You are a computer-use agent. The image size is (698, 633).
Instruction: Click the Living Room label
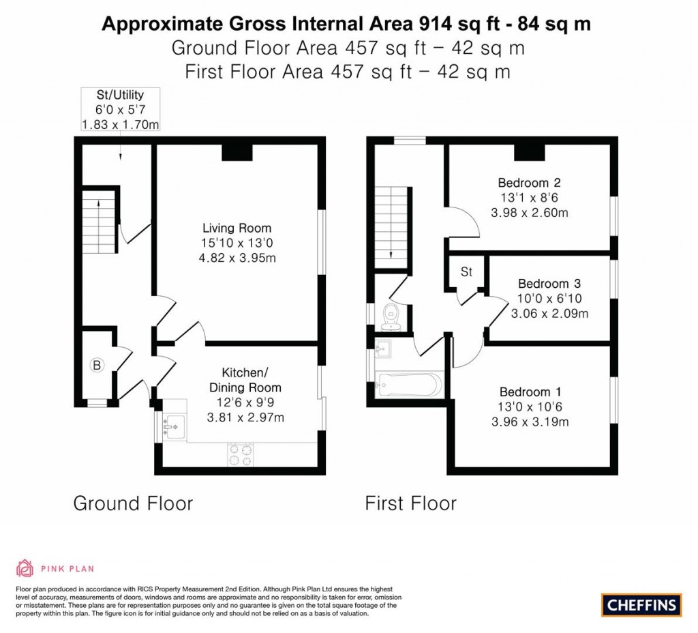click(237, 229)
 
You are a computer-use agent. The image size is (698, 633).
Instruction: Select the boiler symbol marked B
click(97, 366)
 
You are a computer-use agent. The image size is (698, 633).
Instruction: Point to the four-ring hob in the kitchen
click(240, 455)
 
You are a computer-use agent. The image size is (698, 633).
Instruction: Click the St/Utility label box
click(120, 110)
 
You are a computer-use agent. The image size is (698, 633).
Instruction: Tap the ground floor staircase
click(96, 223)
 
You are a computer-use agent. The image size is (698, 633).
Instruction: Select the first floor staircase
click(392, 227)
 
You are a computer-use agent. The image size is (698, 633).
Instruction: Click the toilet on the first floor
click(392, 316)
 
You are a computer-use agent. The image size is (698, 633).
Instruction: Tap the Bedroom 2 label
click(529, 183)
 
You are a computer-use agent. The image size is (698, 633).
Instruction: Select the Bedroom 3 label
click(549, 284)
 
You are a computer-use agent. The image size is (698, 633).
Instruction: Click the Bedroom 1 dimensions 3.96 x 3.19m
click(530, 422)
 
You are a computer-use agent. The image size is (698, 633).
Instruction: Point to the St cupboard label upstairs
click(466, 272)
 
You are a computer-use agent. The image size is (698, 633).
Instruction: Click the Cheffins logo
click(641, 604)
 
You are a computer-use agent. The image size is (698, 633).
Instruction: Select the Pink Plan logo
click(55, 568)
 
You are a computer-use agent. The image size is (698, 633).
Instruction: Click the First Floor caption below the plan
click(410, 504)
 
